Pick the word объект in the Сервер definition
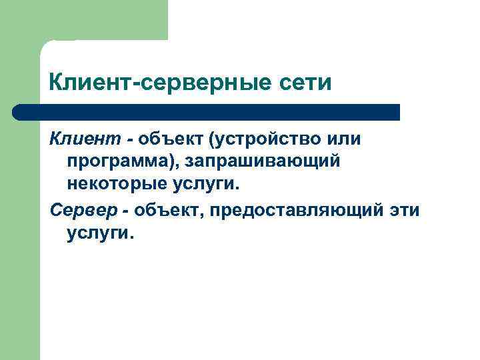pyautogui.click(x=169, y=211)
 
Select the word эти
pyautogui.click(x=404, y=211)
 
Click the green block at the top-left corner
pyautogui.click(x=83, y=20)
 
